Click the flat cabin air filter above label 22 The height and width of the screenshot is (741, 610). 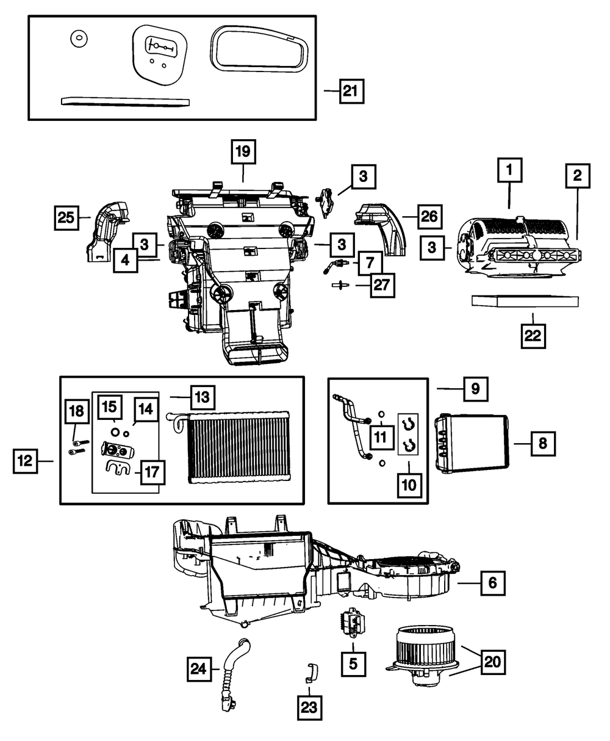point(525,300)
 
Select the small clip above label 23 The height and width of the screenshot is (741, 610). point(309,672)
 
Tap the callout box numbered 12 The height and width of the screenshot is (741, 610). point(26,461)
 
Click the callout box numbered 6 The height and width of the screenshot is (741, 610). point(492,583)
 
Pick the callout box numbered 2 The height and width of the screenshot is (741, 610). point(576,176)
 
